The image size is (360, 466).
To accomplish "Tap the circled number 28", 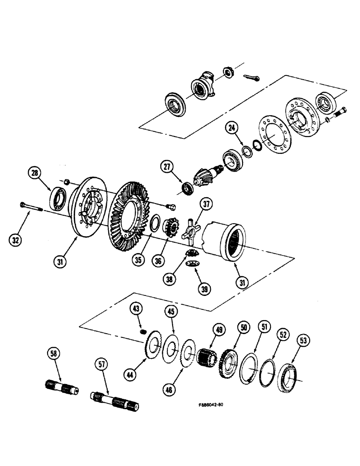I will coord(35,173).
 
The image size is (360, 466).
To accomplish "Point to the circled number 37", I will coord(206,204).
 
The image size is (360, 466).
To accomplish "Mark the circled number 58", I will coord(54,354).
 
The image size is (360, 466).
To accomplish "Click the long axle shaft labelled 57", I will coord(114,400).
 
